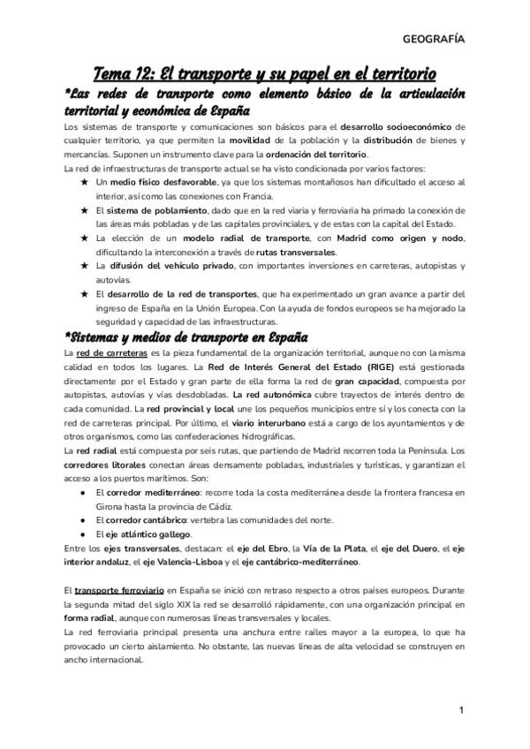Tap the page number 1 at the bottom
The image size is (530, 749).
(461, 711)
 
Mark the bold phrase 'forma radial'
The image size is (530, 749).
(95, 617)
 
